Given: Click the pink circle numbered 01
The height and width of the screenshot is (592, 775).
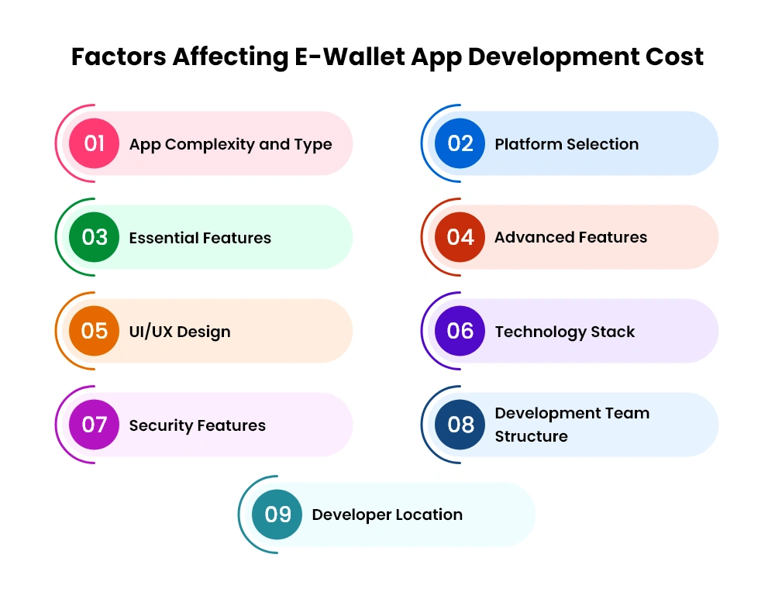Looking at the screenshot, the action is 94,143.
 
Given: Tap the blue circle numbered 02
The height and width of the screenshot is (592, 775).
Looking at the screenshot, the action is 460,143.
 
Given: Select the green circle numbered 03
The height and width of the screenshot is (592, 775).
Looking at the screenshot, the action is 94,237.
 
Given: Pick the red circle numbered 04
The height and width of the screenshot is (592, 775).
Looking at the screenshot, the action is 460,237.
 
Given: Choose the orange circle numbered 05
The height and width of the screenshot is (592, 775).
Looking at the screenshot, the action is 94,331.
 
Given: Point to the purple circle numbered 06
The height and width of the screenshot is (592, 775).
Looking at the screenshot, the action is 460,331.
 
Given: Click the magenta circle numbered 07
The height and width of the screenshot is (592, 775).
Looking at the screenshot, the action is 94,425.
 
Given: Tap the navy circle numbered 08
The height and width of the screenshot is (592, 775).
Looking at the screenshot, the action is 460,425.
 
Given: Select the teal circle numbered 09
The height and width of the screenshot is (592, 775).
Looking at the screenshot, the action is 277,515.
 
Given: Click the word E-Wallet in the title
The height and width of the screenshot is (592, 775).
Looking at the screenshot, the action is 350,57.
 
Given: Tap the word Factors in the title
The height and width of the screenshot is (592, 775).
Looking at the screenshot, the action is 119,57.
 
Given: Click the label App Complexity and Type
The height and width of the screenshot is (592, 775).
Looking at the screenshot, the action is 230,145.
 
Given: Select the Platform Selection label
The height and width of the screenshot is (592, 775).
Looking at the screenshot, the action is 567,144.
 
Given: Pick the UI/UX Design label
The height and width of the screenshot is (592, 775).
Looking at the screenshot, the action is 180,332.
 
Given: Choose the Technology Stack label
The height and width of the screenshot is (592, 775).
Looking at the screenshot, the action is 565,332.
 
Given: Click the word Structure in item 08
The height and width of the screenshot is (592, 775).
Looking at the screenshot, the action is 532,436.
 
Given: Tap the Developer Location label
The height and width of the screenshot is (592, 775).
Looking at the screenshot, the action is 387,515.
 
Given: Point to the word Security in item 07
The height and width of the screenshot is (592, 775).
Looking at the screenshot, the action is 161,426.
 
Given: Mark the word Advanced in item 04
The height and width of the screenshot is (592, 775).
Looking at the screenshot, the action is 534,237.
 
